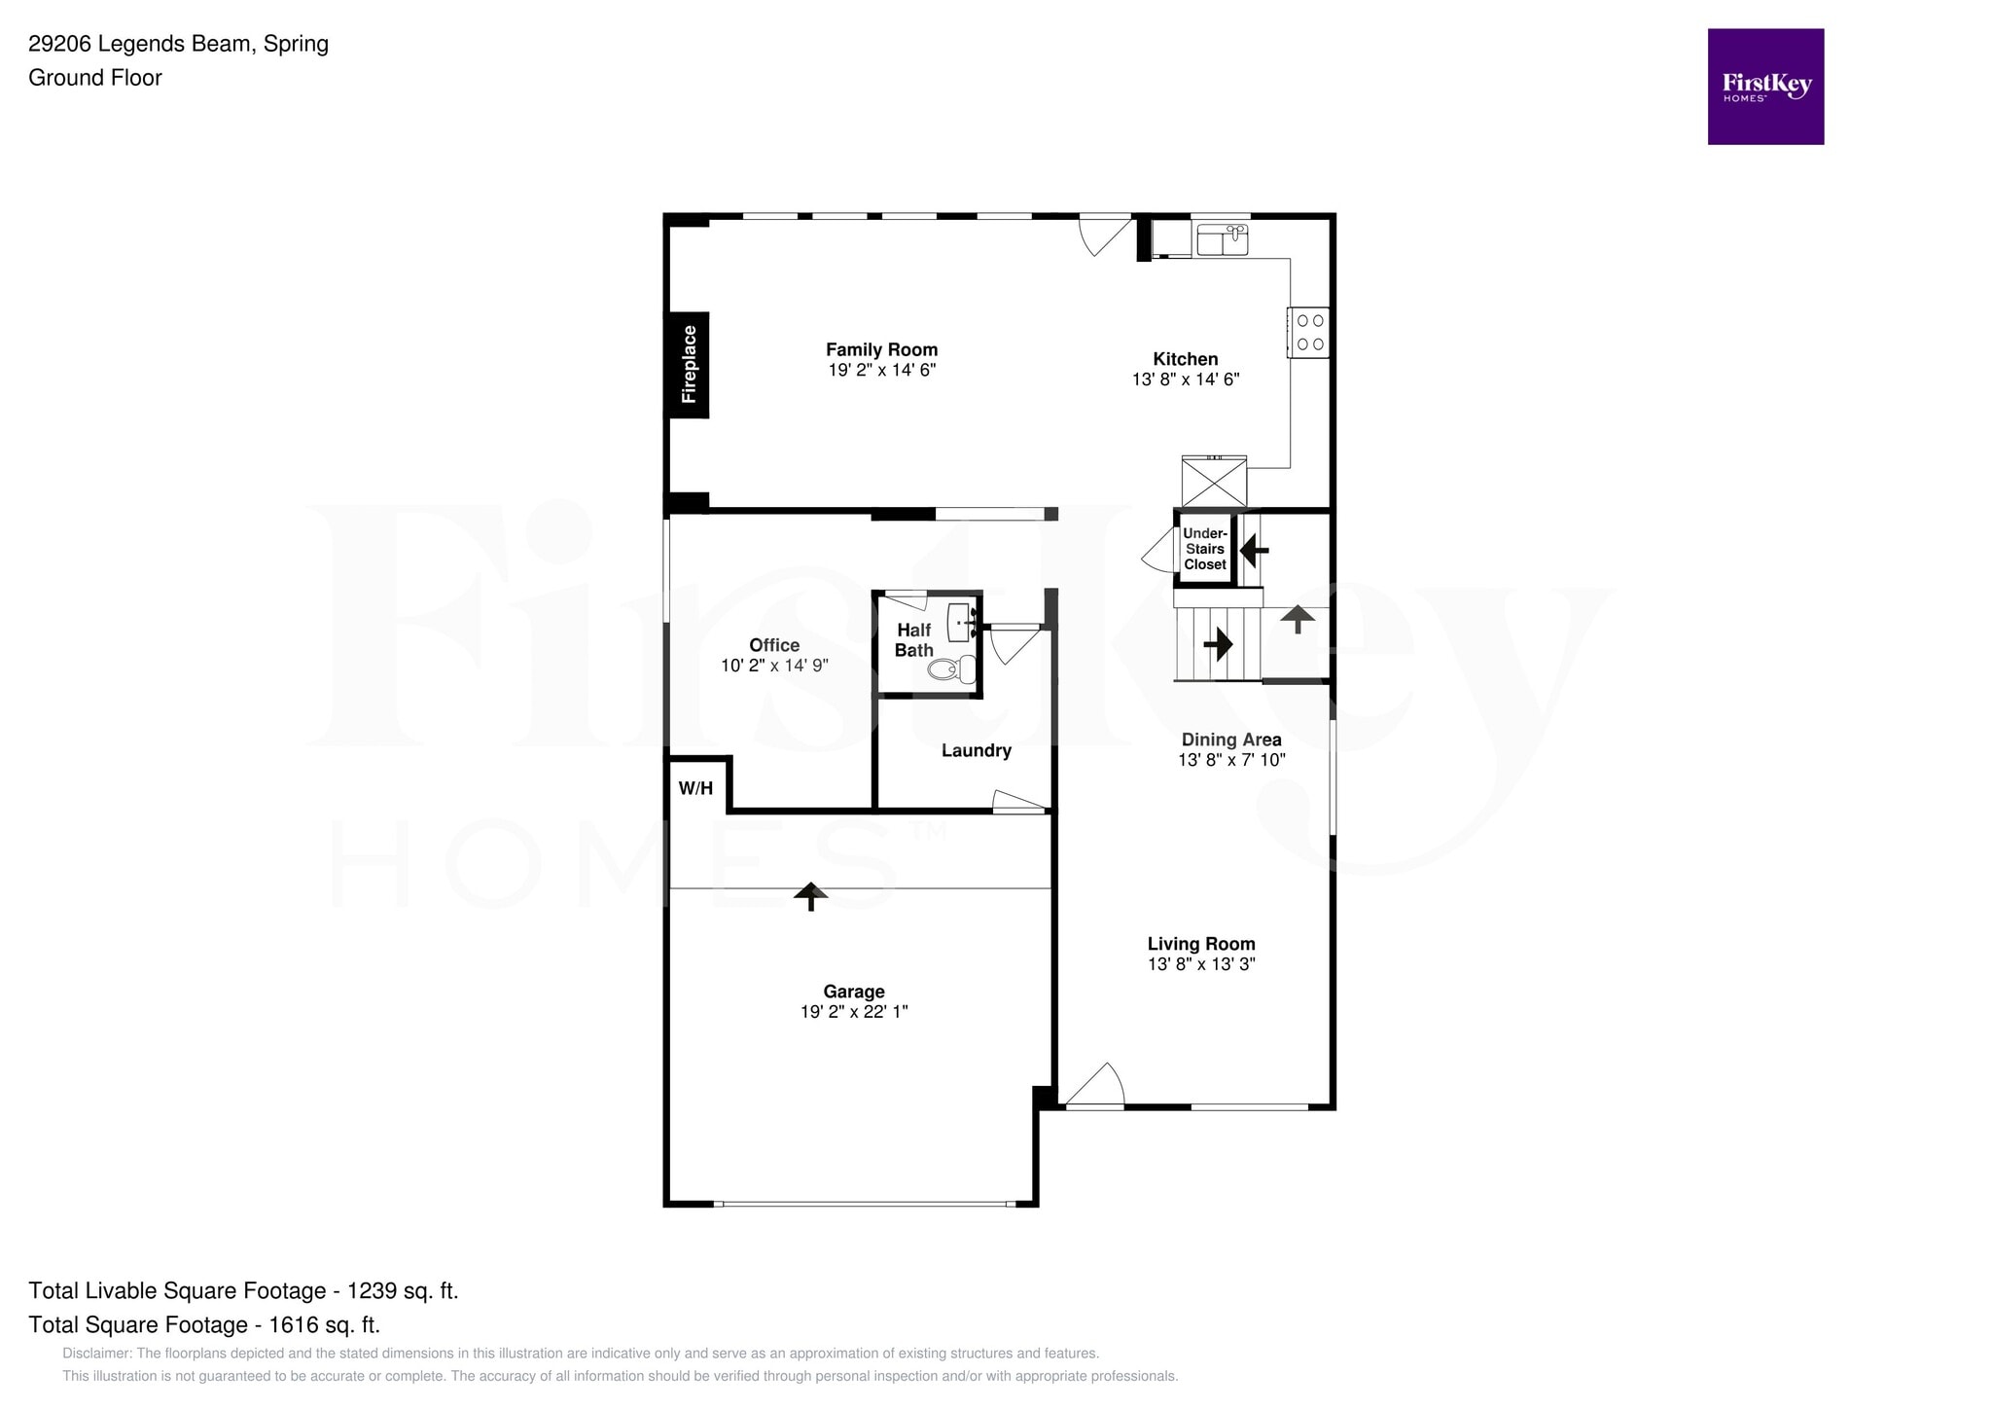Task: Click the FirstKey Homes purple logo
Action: pos(1764,87)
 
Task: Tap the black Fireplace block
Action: pos(688,365)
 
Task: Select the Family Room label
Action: pos(881,349)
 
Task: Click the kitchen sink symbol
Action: pos(1222,239)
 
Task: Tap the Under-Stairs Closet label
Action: pos(1205,549)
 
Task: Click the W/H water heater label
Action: pos(695,788)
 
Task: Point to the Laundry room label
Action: pos(976,750)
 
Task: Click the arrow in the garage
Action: pos(810,895)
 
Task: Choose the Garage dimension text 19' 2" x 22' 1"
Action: pos(853,1012)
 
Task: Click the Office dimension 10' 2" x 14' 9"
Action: pos(774,666)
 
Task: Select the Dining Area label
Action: pos(1230,740)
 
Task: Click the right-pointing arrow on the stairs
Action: pos(1218,643)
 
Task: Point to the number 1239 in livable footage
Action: pos(1341,1290)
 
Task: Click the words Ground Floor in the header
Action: pos(95,78)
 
